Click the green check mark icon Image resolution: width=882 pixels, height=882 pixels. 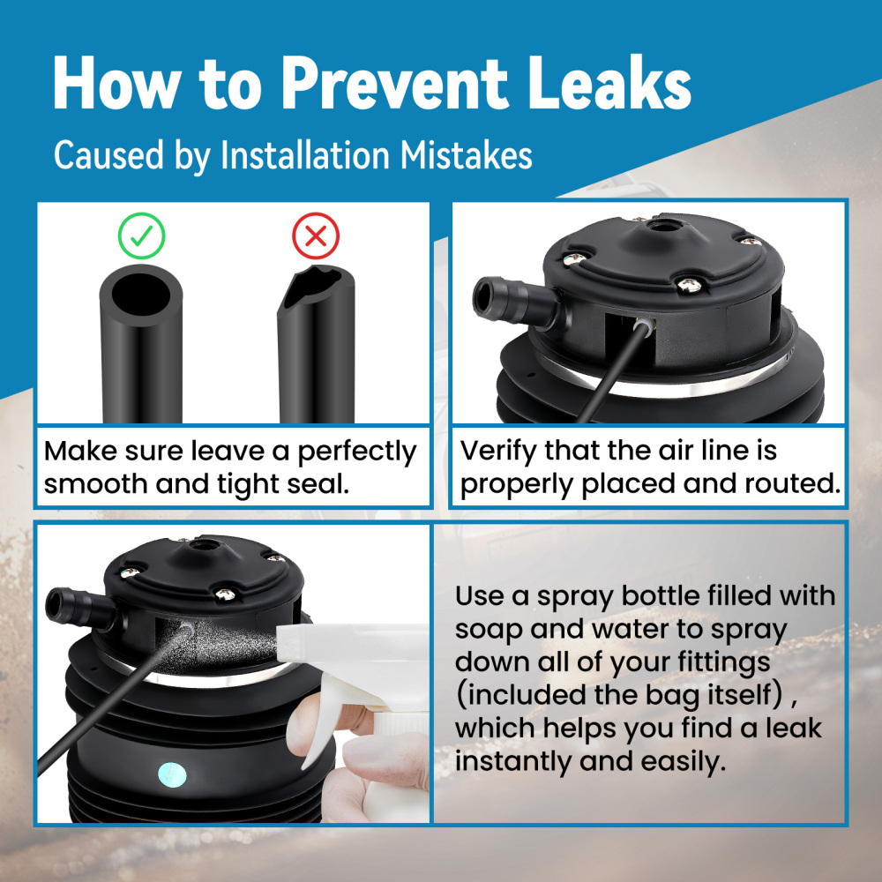tap(141, 235)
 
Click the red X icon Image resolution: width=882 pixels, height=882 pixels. tap(316, 235)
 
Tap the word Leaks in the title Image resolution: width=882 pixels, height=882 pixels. tap(609, 82)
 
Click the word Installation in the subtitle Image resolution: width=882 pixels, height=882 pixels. tap(304, 155)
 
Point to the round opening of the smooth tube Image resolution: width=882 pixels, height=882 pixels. tap(140, 295)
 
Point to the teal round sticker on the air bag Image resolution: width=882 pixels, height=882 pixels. tap(172, 775)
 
